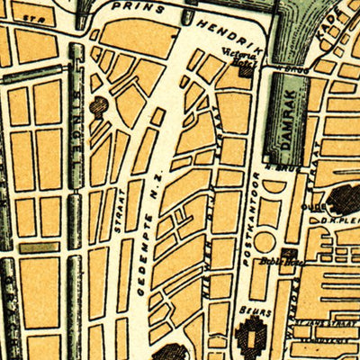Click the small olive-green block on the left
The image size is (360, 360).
(39, 247)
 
